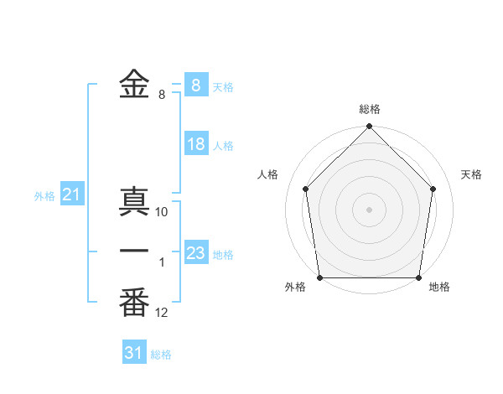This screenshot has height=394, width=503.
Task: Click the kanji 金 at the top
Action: [x=134, y=84]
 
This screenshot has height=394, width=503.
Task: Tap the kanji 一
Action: [x=134, y=251]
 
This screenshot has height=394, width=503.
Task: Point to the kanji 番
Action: [x=134, y=302]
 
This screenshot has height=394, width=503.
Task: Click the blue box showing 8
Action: [x=195, y=85]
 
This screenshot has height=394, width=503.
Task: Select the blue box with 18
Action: [x=195, y=144]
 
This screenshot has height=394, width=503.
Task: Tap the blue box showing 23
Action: [x=195, y=253]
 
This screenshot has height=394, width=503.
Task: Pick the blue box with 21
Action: [x=71, y=195]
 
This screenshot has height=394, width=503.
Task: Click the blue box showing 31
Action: [x=133, y=353]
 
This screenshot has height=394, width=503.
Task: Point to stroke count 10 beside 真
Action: [x=162, y=212]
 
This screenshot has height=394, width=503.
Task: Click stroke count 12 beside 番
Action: [x=162, y=313]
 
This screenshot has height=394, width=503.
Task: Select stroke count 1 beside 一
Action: [x=162, y=263]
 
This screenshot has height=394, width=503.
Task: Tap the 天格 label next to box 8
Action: [x=223, y=86]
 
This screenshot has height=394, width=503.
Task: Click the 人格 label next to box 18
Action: [x=223, y=146]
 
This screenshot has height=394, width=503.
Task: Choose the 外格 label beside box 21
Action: [x=44, y=196]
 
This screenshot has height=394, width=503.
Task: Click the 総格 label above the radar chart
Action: [x=369, y=109]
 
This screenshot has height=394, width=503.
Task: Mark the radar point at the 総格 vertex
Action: [x=369, y=128]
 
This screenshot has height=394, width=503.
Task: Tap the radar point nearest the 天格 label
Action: [x=433, y=189]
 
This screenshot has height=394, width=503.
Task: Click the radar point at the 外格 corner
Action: [x=319, y=277]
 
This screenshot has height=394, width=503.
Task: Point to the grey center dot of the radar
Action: [x=369, y=209]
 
